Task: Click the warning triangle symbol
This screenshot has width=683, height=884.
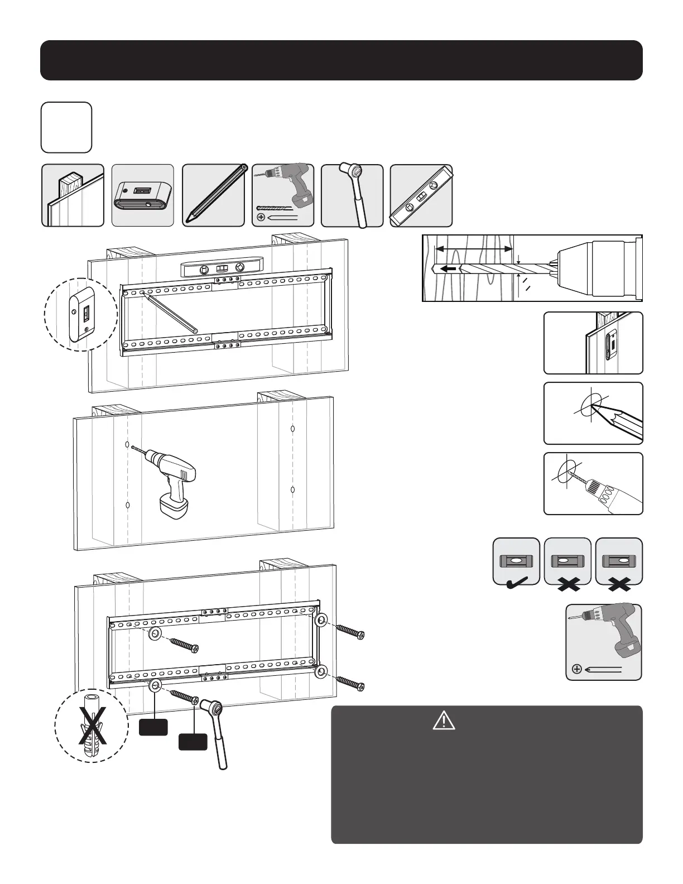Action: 444,722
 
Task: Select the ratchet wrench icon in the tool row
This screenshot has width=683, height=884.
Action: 352,195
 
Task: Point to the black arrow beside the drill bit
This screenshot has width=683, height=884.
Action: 448,268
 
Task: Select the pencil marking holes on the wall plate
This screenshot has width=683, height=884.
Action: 170,313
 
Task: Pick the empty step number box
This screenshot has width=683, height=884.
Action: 66,127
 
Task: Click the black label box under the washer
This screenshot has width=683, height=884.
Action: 153,728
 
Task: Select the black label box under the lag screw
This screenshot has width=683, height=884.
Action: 193,742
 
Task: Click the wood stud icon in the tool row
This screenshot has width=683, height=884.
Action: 73,195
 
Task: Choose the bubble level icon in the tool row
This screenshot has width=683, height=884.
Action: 421,195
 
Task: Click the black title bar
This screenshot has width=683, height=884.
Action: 341,60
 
